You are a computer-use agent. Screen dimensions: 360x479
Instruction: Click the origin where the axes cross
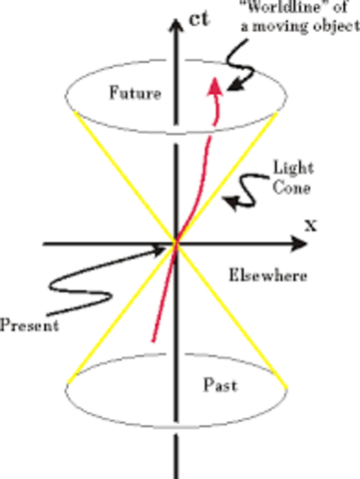click(x=177, y=242)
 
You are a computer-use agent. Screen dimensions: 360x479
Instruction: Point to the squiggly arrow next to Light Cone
click(x=239, y=199)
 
